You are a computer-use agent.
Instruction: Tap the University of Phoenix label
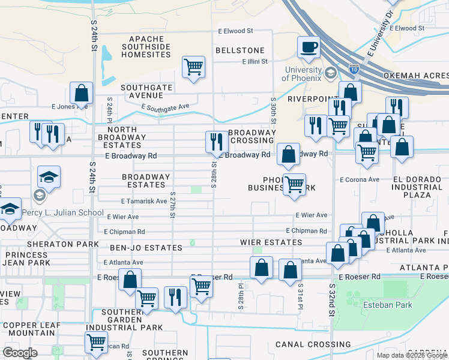pos(304,74)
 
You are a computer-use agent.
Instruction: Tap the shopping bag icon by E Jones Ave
pos(81,93)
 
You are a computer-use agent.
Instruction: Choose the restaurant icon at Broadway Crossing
pos(217,142)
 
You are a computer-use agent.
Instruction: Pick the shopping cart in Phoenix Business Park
pos(294,184)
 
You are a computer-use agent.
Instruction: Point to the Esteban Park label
pos(388,305)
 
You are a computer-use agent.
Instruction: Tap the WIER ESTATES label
pos(275,242)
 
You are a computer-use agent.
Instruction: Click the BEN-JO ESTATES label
pos(146,248)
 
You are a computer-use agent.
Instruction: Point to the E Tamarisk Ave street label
pos(143,202)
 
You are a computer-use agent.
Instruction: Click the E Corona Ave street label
pos(360,179)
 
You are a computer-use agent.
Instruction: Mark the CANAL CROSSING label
pos(313,345)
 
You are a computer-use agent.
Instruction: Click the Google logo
pos(20,353)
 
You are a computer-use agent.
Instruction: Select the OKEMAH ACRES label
pos(423,76)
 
